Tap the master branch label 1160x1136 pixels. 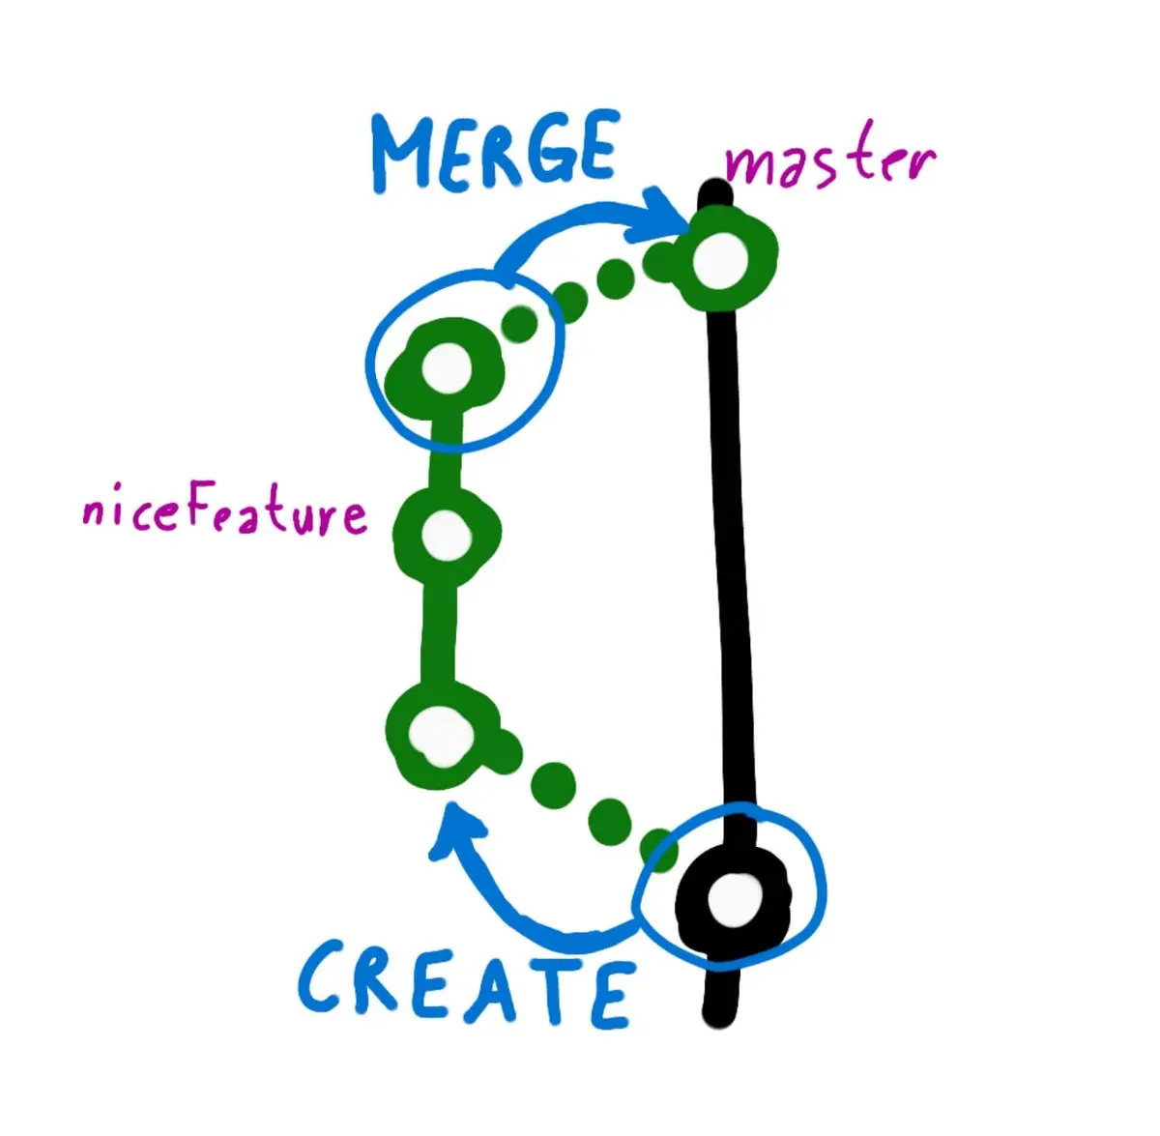point(829,162)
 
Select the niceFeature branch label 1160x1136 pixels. point(224,511)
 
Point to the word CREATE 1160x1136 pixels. point(466,983)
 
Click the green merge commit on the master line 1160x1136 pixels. point(722,258)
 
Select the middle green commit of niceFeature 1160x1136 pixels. point(446,533)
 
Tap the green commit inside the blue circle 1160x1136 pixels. point(445,368)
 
